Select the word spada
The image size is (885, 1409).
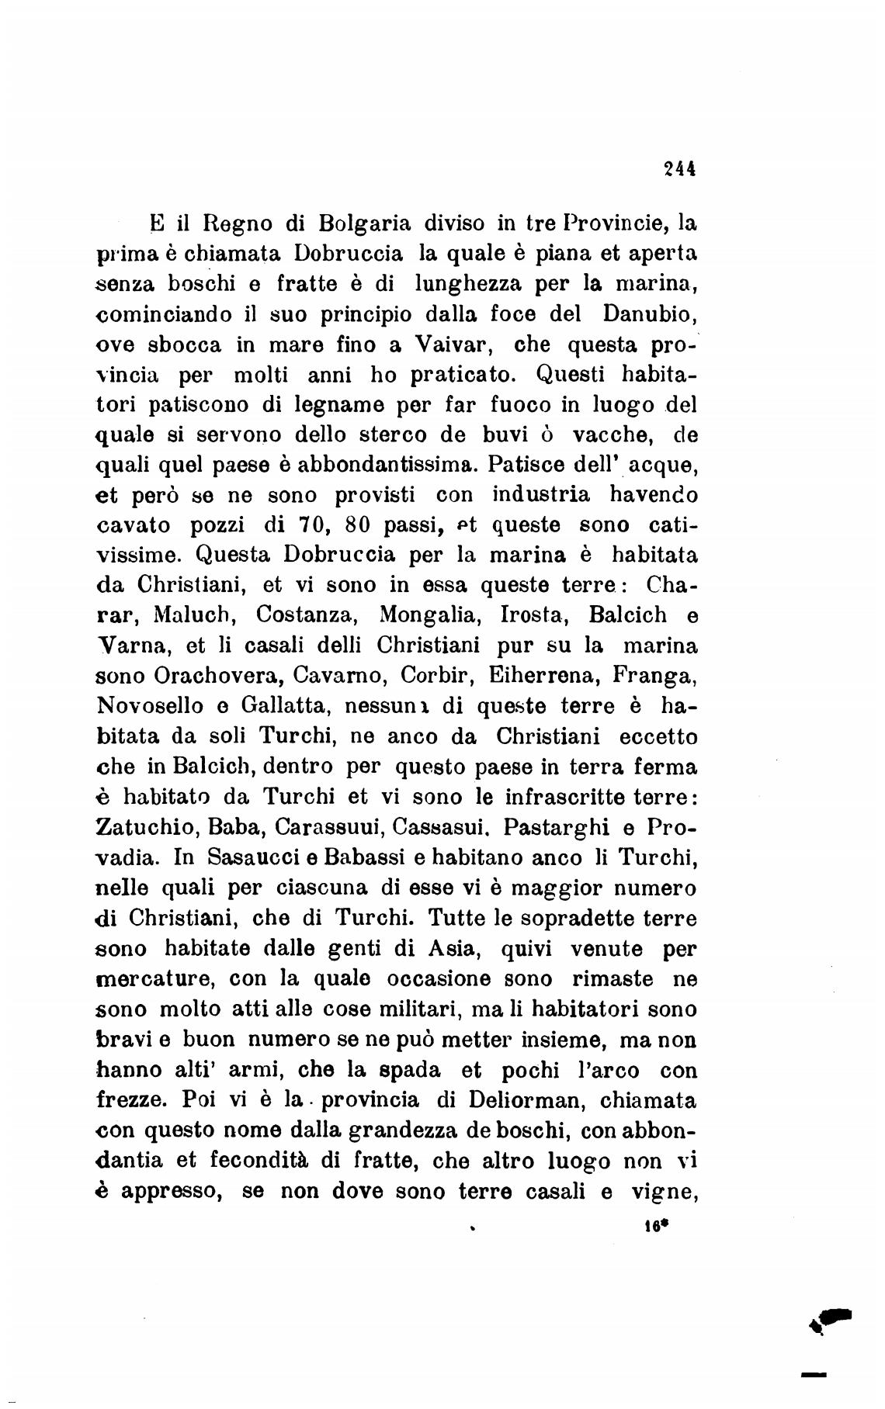[394, 1071]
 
